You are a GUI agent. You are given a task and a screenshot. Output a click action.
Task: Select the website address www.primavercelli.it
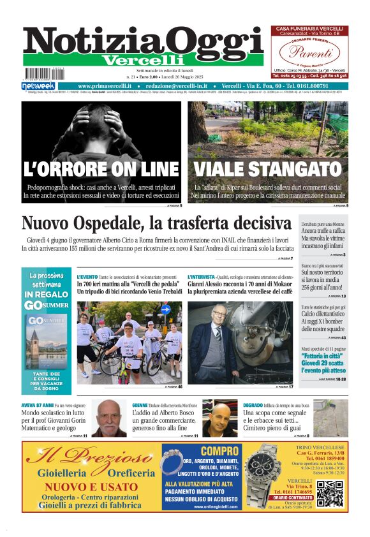point(105,86)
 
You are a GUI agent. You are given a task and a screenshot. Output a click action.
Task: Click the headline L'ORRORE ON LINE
point(101,169)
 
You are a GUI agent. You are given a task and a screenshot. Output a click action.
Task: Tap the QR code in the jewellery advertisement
point(330,494)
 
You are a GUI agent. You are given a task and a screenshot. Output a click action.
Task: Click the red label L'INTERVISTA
point(201,277)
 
